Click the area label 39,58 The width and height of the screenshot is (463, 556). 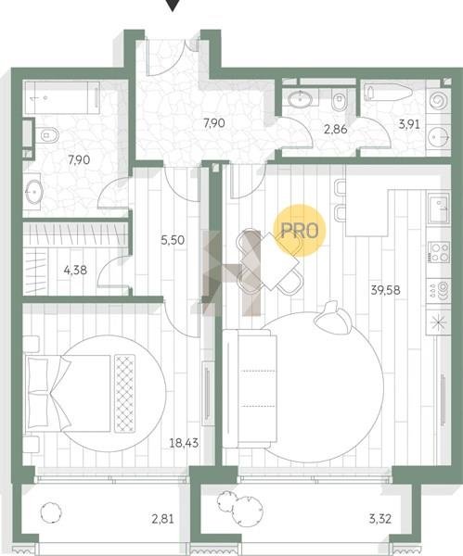[x=385, y=290]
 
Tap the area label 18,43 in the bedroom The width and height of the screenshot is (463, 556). [x=184, y=443]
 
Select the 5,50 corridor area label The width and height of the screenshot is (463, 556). [x=173, y=240]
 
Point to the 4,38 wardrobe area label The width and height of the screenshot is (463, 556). [x=75, y=271]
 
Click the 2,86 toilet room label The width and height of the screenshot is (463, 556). [x=336, y=129]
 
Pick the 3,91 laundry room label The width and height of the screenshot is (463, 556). [x=409, y=124]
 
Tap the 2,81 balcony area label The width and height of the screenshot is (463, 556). [x=163, y=519]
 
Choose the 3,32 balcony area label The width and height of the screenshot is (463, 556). [x=379, y=519]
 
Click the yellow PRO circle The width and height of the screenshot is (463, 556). [x=299, y=230]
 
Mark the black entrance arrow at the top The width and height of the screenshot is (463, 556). [x=173, y=5]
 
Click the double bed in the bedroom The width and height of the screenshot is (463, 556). [x=81, y=393]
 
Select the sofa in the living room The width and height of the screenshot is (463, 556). [x=250, y=388]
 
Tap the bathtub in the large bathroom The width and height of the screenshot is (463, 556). [x=62, y=97]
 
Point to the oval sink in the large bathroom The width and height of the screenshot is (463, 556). [x=34, y=192]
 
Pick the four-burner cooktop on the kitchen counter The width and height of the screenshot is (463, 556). [x=439, y=252]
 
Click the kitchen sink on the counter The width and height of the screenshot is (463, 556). [x=439, y=208]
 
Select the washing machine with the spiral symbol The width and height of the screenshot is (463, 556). [x=439, y=101]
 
